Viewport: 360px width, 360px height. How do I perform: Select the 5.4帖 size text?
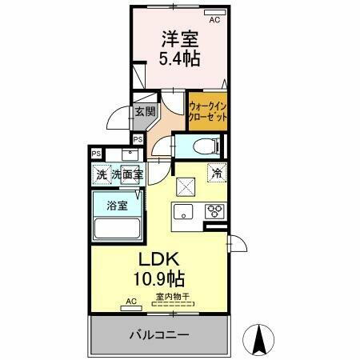[179, 58]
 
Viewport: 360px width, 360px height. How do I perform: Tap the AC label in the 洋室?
[214, 11]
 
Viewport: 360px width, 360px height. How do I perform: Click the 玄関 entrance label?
[144, 112]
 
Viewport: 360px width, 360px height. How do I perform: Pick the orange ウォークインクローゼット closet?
[207, 110]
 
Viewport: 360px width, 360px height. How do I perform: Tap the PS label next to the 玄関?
[138, 138]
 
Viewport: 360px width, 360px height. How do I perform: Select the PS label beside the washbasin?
[97, 154]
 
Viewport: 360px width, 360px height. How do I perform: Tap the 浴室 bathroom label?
[118, 205]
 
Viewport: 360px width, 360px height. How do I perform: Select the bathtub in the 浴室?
[118, 228]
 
